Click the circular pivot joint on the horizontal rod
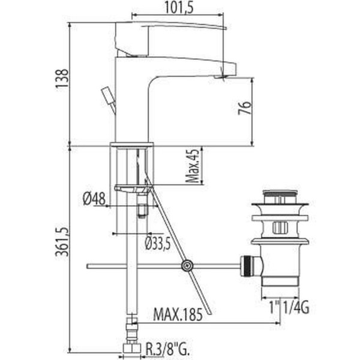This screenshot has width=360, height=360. point(187,265)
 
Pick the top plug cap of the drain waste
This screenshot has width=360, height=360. point(281,195)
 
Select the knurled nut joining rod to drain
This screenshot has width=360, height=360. point(246,265)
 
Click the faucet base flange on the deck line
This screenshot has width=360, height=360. point(132,145)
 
